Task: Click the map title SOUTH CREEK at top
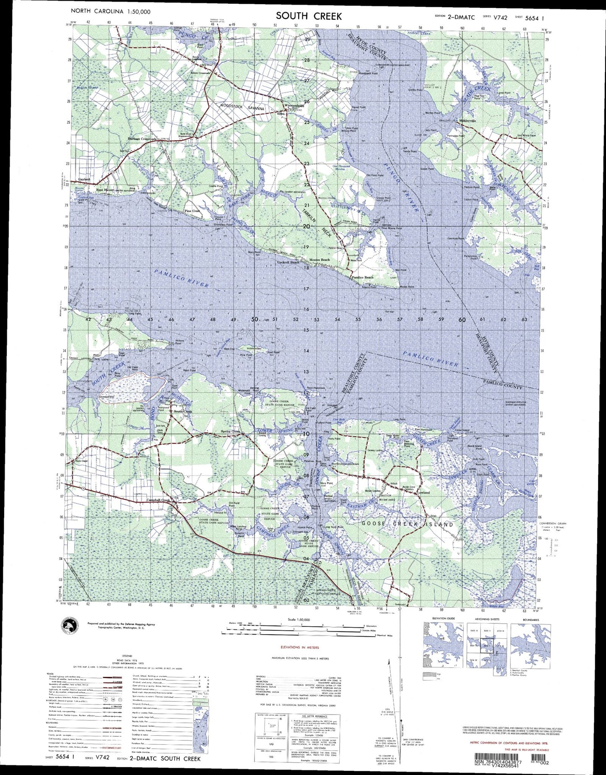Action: click(309, 16)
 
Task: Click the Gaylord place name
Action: click(84, 179)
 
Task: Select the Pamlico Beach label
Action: click(363, 278)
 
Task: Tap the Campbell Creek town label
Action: click(158, 500)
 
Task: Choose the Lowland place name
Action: click(424, 492)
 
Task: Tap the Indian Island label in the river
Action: click(254, 348)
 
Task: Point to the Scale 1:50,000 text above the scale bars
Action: click(299, 619)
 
